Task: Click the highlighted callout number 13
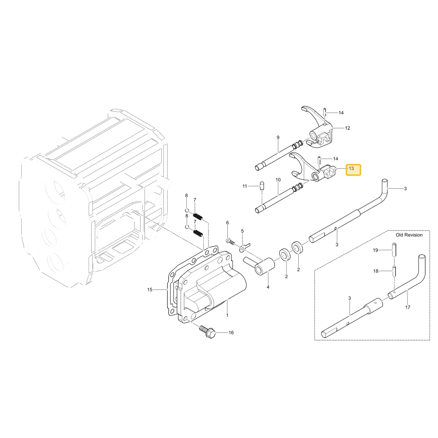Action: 351,169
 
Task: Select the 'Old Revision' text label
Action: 409,235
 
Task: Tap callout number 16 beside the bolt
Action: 231,332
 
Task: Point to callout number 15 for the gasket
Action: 150,290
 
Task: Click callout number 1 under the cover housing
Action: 227,315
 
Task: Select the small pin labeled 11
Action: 262,185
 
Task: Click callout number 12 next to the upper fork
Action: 347,128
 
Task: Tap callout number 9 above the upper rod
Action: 278,138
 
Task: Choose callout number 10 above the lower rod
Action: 278,180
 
